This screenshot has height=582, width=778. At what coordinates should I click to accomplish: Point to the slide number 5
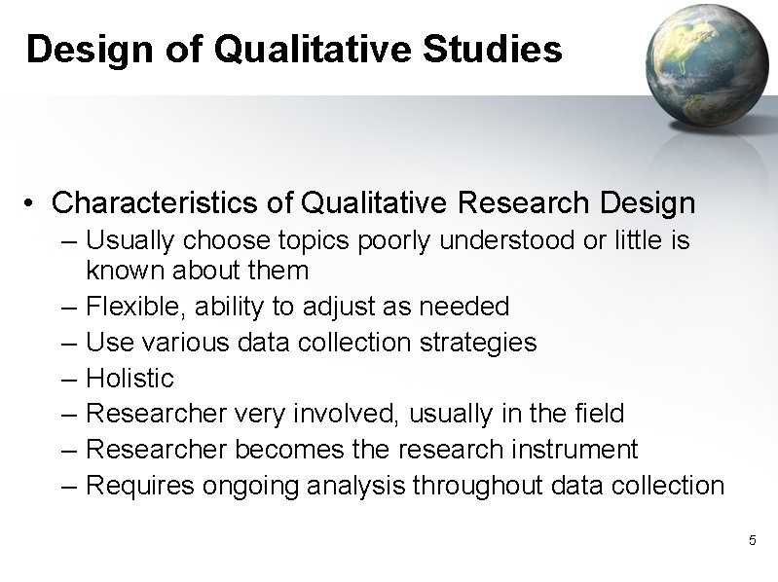pyautogui.click(x=751, y=539)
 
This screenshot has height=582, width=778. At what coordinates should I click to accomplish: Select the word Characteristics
pyautogui.click(x=173, y=202)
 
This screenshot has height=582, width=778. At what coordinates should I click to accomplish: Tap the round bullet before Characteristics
pyautogui.click(x=33, y=203)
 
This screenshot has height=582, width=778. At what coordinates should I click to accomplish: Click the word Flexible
pyautogui.click(x=135, y=307)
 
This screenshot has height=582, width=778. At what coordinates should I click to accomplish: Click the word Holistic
pyautogui.click(x=130, y=378)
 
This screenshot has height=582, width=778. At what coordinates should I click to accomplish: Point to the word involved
pyautogui.click(x=350, y=414)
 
